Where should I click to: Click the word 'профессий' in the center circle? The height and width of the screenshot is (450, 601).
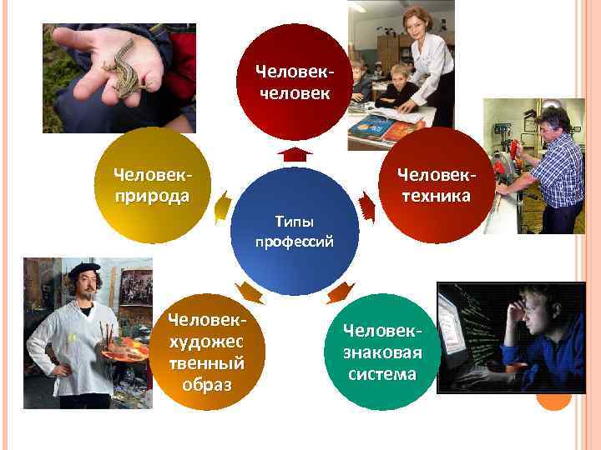pos(294,242)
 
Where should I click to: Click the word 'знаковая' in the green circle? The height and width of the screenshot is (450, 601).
pos(381,352)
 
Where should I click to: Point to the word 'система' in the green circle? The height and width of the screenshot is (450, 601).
pos(382,373)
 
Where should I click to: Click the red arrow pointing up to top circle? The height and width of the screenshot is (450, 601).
pos(294,153)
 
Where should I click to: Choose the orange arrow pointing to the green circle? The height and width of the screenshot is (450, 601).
pos(339,292)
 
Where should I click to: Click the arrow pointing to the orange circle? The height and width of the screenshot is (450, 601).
pos(249,292)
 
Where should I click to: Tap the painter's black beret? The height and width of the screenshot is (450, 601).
pos(83,269)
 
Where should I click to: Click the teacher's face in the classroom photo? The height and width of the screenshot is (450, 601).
pos(415,22)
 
